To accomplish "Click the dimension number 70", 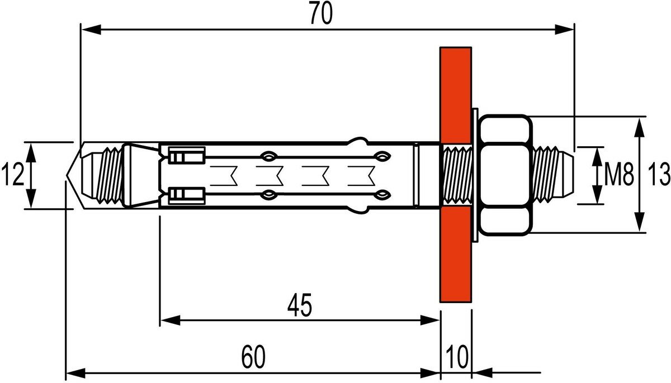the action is tap(321, 14).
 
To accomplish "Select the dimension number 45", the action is tap(300, 305).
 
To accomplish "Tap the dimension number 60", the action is tap(253, 357).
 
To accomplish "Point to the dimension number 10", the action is tap(457, 357).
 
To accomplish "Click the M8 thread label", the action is tap(619, 175).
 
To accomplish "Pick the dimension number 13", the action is tap(659, 175).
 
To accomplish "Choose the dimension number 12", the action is tap(12, 175).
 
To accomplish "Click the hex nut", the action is tap(505, 175).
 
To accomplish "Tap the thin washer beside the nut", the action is tap(475, 175).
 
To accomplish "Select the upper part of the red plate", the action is tap(456, 95).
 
